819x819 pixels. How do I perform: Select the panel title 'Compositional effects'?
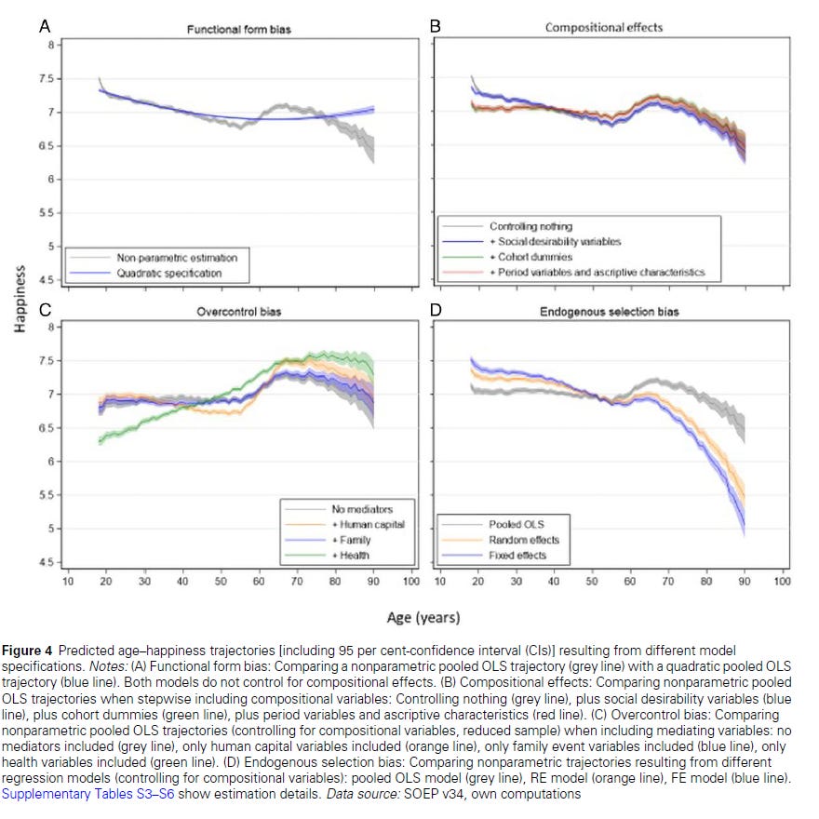point(604,28)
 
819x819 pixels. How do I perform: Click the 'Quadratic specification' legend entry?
point(169,274)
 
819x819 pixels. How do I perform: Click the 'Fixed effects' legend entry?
point(518,556)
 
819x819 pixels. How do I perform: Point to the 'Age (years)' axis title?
point(423,617)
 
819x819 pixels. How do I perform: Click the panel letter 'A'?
point(44,26)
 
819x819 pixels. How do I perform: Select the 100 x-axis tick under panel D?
point(781,582)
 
